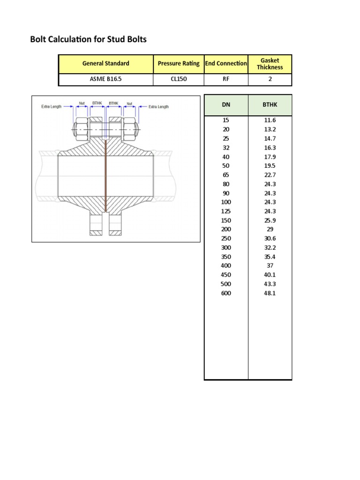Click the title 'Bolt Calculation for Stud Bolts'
coord(88,39)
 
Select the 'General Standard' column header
coord(105,63)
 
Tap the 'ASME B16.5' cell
coord(105,79)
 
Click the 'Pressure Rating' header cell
coord(178,63)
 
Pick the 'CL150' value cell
coord(178,79)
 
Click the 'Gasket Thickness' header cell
coord(270,64)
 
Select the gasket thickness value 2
coord(270,79)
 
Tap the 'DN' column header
coord(226,105)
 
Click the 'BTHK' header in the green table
coord(270,105)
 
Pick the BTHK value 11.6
coord(270,120)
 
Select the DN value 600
coord(226,293)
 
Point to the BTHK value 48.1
coord(270,293)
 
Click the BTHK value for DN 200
coord(270,229)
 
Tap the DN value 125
coord(226,211)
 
